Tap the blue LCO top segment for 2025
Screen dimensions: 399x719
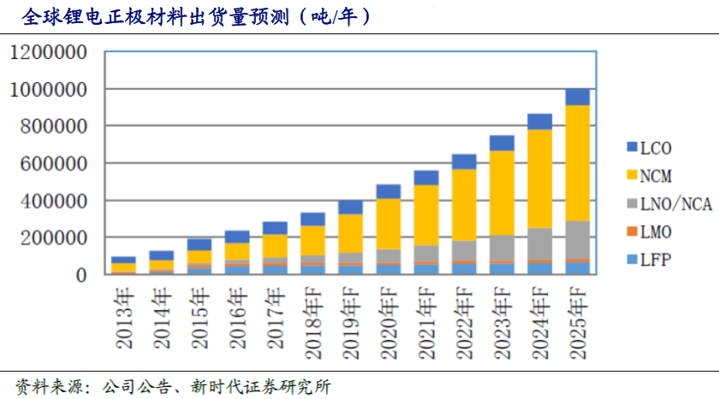click(578, 97)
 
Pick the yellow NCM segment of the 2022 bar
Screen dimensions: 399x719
click(464, 205)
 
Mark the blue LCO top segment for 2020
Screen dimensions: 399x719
click(389, 191)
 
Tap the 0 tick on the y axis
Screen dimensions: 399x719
click(80, 275)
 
